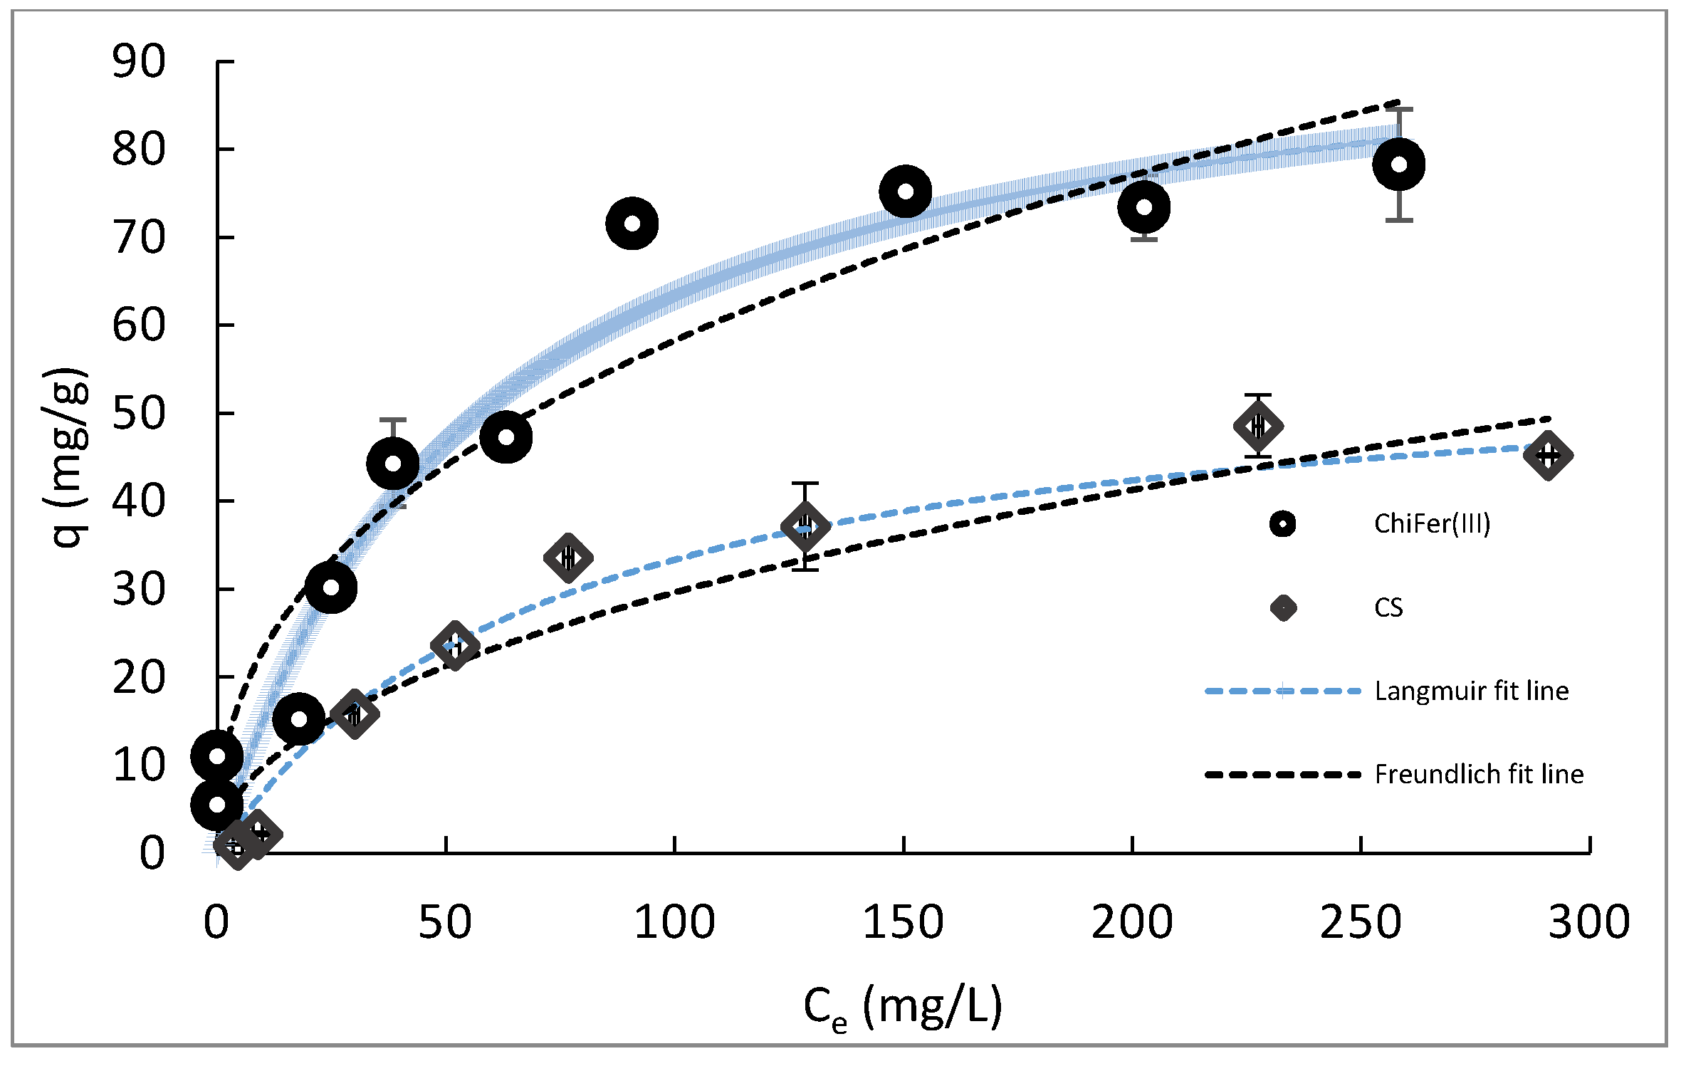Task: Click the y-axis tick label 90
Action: [x=139, y=63]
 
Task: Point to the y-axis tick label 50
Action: [x=139, y=414]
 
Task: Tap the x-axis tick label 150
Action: [x=903, y=922]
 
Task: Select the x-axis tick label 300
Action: [x=1588, y=922]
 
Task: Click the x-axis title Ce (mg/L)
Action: [x=903, y=1007]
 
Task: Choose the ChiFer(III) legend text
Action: [x=1432, y=524]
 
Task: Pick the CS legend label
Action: [x=1388, y=608]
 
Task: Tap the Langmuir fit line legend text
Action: [x=1471, y=691]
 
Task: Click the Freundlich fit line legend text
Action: [x=1479, y=775]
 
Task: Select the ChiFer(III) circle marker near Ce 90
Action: [x=632, y=224]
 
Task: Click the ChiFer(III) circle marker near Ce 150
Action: [x=905, y=192]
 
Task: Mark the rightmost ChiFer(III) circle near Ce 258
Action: [x=1398, y=164]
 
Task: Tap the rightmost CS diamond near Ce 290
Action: [x=1548, y=455]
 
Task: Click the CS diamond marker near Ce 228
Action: [x=1258, y=426]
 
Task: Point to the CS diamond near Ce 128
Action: [x=805, y=527]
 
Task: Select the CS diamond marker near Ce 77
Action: [x=567, y=558]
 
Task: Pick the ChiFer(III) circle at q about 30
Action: [x=330, y=587]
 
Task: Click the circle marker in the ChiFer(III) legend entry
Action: [x=1283, y=524]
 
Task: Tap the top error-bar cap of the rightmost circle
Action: [x=1398, y=109]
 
